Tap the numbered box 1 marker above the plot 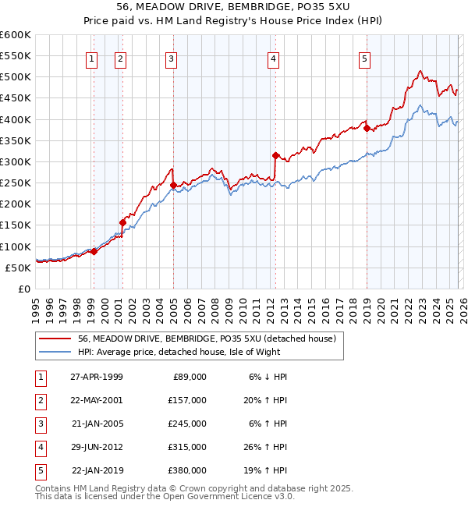click(92, 58)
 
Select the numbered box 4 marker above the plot click(274, 58)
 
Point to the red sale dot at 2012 click(275, 155)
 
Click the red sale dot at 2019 click(366, 129)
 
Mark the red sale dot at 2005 click(173, 185)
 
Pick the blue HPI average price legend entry click(189, 352)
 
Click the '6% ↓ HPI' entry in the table click(268, 376)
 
